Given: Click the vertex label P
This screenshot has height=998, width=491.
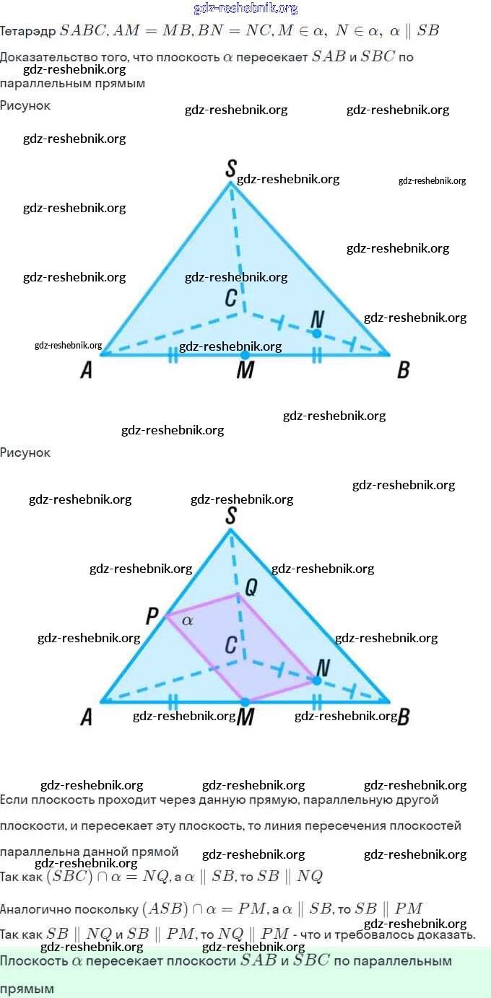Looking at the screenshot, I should point(152,616).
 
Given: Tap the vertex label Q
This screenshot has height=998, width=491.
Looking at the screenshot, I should point(251,587).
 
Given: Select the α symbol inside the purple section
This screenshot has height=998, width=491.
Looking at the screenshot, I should point(187,620).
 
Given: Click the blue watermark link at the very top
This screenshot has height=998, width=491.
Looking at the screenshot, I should point(245,9).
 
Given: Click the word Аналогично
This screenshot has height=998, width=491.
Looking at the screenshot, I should point(34,909).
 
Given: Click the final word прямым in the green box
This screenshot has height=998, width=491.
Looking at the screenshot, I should point(27,989).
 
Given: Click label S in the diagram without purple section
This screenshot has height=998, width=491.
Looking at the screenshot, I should point(230,169).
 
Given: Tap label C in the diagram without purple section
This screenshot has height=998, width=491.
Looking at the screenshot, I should point(230,297).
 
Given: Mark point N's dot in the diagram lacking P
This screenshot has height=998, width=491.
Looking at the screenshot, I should point(316,333).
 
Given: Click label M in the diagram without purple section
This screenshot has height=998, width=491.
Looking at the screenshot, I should point(245,371).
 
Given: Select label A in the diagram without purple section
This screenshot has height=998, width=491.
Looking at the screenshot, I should point(87,371).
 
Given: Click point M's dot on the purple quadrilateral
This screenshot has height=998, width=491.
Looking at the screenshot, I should point(245,701).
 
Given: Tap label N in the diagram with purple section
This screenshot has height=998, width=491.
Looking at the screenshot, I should point(323,667).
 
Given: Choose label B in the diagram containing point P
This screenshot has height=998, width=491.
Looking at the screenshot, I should point(404,717).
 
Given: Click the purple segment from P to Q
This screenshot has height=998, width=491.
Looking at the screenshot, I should point(202,605).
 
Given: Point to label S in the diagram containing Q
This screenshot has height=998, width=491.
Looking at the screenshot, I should point(230,515).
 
